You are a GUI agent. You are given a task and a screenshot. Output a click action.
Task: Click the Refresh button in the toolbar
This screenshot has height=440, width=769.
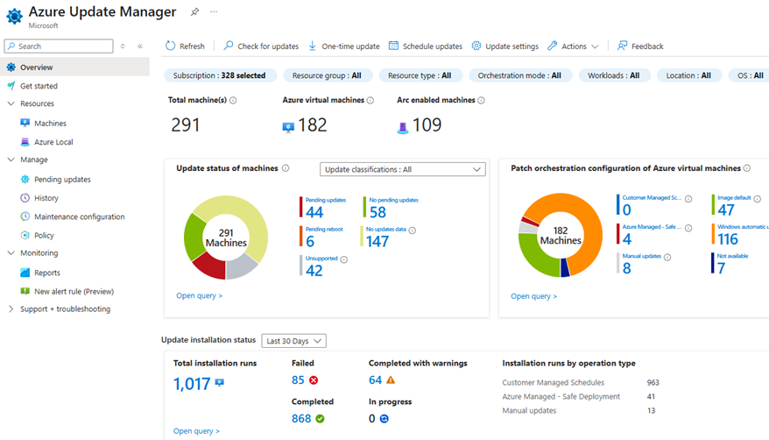coord(185,46)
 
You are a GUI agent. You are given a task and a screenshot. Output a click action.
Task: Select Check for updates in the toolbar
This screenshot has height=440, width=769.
coord(261,46)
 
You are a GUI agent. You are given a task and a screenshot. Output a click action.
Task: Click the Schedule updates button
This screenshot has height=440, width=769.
coord(426,46)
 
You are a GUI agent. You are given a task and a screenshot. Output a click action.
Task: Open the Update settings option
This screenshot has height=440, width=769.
coord(504,46)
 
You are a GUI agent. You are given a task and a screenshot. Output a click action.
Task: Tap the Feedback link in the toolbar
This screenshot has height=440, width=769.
coord(640,46)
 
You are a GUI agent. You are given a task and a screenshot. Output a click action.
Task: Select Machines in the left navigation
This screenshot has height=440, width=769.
coord(50,124)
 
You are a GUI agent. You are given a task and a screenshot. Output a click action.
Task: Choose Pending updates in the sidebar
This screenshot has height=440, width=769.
coord(62,180)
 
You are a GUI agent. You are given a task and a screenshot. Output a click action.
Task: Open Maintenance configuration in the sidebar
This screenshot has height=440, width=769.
coord(79,216)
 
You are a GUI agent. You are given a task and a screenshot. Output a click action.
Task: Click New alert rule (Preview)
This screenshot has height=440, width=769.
coord(74,291)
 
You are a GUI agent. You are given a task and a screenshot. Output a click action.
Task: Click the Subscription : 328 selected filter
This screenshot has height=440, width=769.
coord(219,75)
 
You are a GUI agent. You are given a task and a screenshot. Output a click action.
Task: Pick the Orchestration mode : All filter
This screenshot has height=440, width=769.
coord(519,75)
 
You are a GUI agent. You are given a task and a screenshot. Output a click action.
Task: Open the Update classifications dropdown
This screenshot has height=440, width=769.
coord(402,169)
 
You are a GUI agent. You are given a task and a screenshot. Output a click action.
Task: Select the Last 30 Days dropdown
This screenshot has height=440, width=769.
coord(293,341)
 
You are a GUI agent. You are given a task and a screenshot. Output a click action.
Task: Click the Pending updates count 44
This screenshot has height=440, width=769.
coord(314,212)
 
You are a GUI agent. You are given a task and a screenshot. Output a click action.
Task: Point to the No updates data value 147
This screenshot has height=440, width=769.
coord(377,241)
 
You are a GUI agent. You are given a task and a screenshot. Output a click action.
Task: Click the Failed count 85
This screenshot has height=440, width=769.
coord(298,380)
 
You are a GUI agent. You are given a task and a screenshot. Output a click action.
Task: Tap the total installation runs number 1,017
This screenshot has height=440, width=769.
coord(192,384)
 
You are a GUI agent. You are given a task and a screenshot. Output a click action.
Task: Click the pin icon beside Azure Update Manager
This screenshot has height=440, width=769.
coord(194,12)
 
